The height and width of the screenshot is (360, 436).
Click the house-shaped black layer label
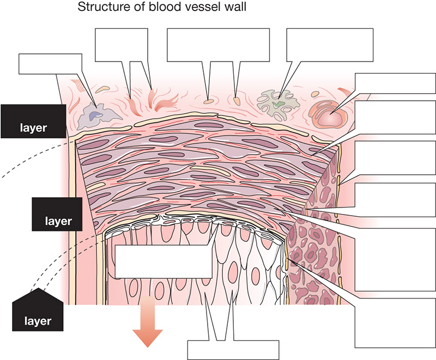(38, 310)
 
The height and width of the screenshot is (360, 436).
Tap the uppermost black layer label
(33, 121)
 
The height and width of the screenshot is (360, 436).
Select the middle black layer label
(57, 214)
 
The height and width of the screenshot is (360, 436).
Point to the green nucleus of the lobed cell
(278, 104)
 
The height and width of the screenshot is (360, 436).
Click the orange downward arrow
(147, 322)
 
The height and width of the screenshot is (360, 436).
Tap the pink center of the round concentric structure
(330, 118)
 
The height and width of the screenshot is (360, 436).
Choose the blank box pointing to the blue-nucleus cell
(50, 64)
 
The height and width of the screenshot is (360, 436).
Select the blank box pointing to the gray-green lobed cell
(330, 45)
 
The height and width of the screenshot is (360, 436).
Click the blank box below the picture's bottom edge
(233, 350)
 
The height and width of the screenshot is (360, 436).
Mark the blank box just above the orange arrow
(164, 261)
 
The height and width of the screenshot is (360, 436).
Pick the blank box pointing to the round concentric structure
(395, 83)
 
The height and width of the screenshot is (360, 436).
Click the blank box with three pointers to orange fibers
(121, 45)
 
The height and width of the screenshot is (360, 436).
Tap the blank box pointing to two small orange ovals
(219, 45)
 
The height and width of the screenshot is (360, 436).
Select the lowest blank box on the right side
(395, 323)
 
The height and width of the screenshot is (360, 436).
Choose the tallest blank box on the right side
(395, 259)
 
